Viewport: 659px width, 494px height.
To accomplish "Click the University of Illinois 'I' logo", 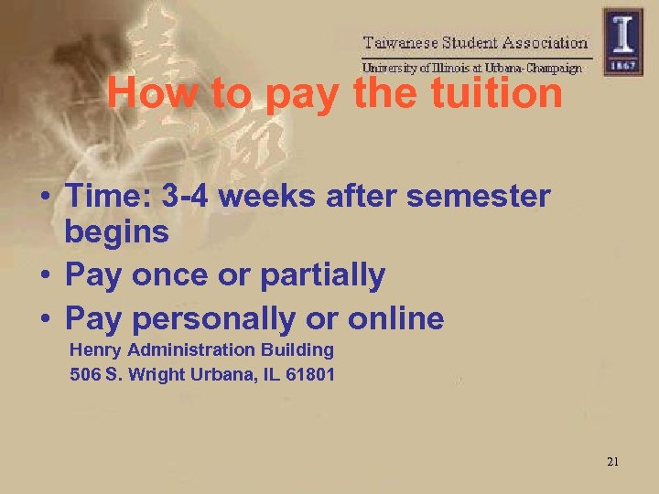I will pyautogui.click(x=622, y=40).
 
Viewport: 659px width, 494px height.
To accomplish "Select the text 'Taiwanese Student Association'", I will pyautogui.click(x=475, y=42).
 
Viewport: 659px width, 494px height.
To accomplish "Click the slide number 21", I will pyautogui.click(x=612, y=462).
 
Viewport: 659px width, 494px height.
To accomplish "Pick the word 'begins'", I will pyautogui.click(x=117, y=232).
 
